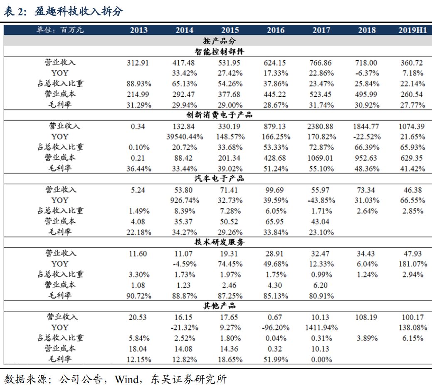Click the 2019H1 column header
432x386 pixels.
[412, 30]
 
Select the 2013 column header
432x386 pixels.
[138, 30]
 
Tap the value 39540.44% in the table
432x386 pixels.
[185, 137]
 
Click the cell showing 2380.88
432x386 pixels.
[321, 126]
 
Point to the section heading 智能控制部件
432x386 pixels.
[219, 52]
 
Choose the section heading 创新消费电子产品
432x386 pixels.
[219, 115]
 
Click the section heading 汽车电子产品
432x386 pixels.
[219, 179]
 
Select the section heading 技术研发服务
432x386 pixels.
[219, 242]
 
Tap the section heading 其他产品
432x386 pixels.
[219, 306]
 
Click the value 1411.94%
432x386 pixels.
[321, 327]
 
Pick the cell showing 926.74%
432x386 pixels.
[185, 200]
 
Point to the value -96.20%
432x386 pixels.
[276, 327]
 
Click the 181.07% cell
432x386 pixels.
[412, 264]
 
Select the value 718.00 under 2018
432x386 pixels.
[366, 63]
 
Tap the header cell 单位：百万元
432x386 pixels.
[60, 30]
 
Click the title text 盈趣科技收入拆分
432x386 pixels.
[79, 12]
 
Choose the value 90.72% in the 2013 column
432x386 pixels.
[138, 296]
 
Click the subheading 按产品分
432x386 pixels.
[219, 41]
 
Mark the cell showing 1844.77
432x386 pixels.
[366, 126]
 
